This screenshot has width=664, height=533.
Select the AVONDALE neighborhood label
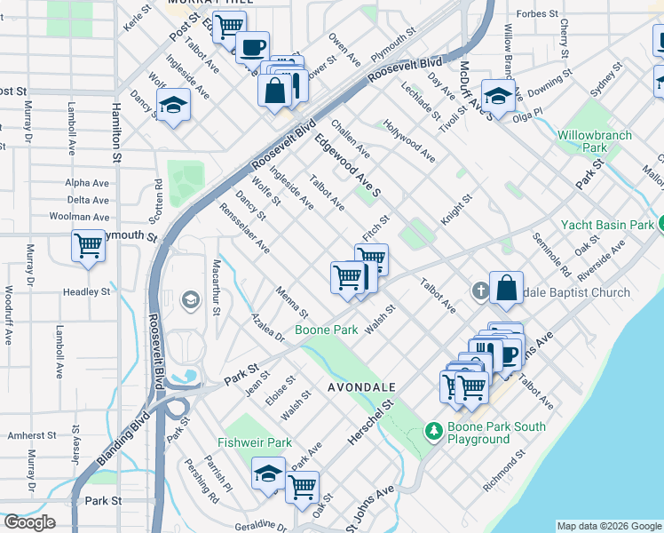pos(360,388)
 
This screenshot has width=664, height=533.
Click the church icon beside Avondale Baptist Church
pos(479,291)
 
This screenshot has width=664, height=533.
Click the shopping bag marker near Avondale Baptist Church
pos(505,287)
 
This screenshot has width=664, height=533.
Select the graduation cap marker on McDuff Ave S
pos(498,96)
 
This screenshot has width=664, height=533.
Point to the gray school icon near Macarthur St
pos(190,300)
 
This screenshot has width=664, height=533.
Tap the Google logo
pos(29,522)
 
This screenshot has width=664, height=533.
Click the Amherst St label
pos(32,436)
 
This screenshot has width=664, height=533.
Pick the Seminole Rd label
pos(551,253)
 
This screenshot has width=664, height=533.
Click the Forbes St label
pos(539,14)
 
